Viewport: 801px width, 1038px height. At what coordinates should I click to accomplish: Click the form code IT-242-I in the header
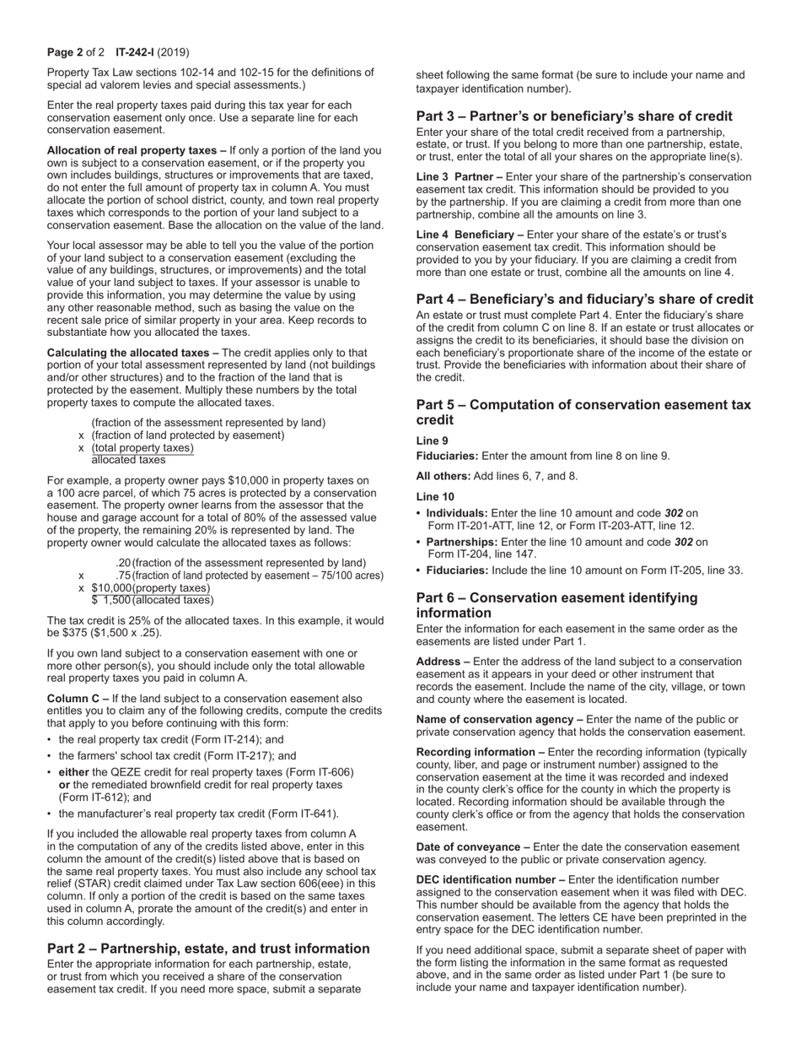134,51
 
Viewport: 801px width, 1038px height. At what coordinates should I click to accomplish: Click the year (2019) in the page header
175,51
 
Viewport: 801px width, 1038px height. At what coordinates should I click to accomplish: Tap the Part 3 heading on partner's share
574,116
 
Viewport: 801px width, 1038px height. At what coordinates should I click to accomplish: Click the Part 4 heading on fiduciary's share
584,299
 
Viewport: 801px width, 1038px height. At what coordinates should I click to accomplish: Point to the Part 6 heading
556,605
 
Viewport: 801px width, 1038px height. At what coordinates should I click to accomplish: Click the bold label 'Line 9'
433,441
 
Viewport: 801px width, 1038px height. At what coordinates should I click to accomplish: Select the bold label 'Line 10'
435,496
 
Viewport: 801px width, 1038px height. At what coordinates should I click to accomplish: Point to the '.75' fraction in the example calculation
123,576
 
